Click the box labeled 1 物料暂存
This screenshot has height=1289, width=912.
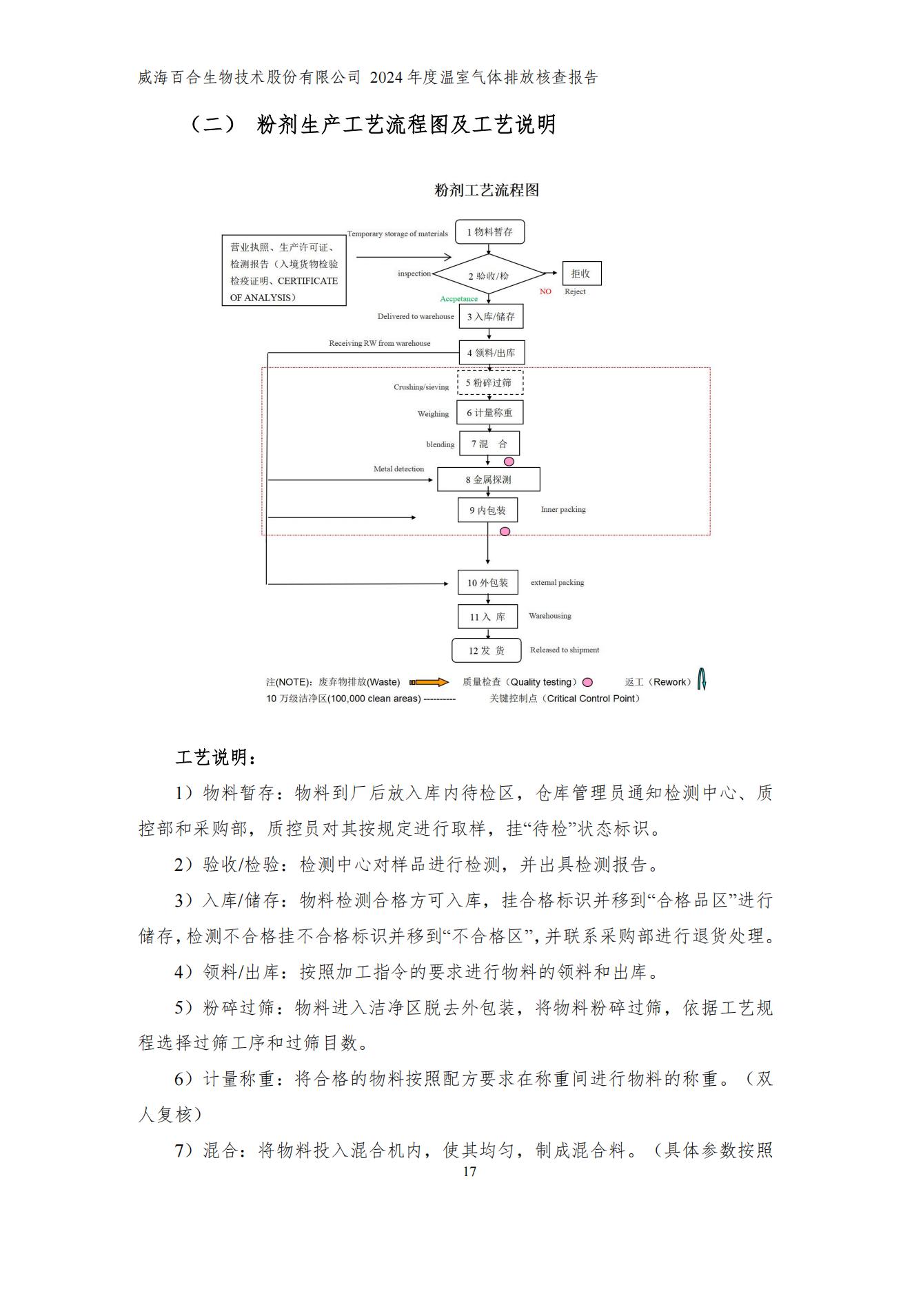click(489, 232)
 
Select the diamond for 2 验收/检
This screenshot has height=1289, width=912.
click(489, 276)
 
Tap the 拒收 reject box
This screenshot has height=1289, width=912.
click(581, 274)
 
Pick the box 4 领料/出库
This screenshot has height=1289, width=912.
click(492, 353)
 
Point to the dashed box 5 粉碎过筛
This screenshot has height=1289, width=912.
click(489, 383)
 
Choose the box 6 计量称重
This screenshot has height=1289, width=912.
click(489, 413)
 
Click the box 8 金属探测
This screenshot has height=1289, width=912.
click(488, 479)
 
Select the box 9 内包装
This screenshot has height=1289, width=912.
click(487, 511)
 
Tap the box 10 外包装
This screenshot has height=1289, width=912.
click(487, 583)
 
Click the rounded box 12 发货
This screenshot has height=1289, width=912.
click(487, 650)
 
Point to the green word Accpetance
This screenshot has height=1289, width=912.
click(459, 299)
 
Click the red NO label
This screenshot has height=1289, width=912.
click(545, 291)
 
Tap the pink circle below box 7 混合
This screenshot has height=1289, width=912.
click(509, 462)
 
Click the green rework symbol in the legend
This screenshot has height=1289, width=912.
click(702, 680)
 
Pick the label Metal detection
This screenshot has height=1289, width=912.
click(398, 469)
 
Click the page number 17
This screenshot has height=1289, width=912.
click(469, 1172)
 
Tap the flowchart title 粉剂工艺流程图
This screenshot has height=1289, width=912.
click(487, 191)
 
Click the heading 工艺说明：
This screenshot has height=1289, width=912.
click(216, 758)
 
